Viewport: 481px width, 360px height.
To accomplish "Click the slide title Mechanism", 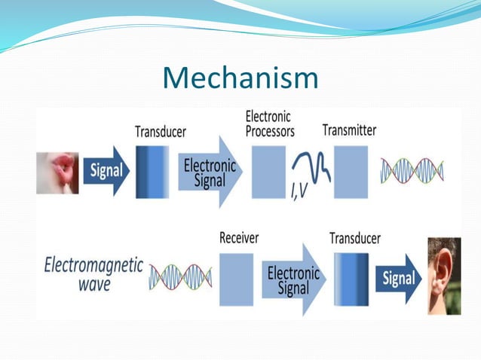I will pos(240,78).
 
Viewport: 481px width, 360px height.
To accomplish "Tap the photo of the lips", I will pos(57,172).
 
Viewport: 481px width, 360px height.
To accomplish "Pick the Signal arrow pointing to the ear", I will pos(398,279).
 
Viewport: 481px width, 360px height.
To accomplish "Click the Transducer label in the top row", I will pos(160,131).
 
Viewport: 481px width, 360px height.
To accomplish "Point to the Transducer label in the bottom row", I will pos(354,238).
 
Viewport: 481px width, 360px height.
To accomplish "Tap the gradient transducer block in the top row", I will pos(152,172).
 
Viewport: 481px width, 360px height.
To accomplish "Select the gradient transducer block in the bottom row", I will pos(351,279).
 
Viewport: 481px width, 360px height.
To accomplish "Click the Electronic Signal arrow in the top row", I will pos(209,172).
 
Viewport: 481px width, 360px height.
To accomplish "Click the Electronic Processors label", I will pos(270,124).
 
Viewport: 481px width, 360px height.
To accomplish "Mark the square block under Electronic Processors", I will pos(268,172).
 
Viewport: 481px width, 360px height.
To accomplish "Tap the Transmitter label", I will pos(349,130).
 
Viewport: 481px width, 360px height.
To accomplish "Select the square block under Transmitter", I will pos(351,172).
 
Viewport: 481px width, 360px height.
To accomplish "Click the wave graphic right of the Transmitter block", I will pos(412,171).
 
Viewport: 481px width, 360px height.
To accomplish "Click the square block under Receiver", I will pos(236,279).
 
